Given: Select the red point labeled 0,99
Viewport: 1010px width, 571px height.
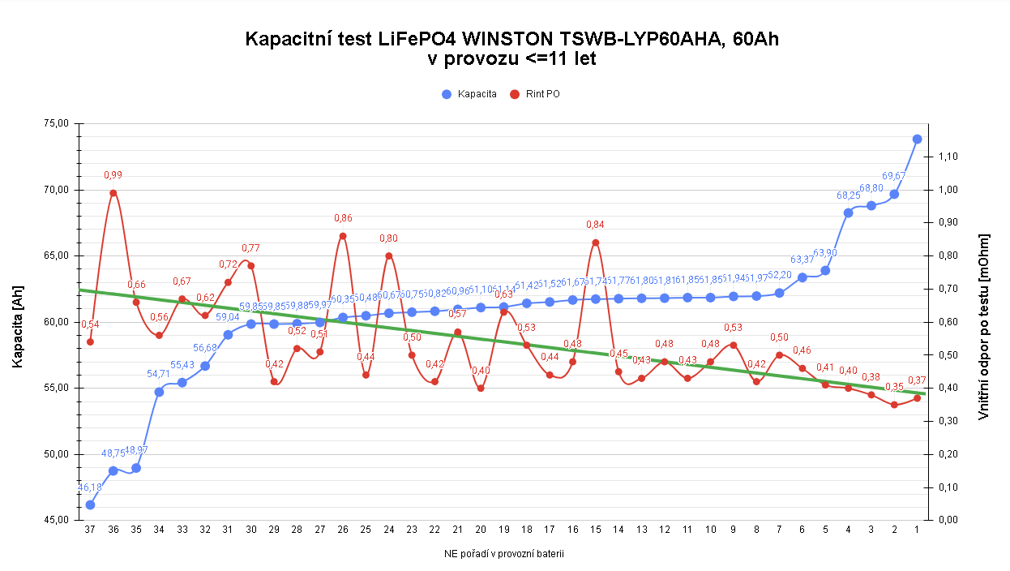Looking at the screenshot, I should coord(113,193).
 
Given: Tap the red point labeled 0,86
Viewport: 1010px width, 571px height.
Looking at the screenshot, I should coord(343,236).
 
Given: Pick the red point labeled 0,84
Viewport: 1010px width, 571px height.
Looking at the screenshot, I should coord(596,243).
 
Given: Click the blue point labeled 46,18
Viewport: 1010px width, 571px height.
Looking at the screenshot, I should coord(90,504).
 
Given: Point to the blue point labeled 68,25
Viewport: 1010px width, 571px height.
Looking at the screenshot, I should coord(849,213).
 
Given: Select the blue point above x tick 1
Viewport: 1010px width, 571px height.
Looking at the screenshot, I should coord(918,139).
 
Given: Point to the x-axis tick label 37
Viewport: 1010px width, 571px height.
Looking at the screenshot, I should coord(90,530).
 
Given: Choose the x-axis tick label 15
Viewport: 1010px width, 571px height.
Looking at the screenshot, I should coord(596,530).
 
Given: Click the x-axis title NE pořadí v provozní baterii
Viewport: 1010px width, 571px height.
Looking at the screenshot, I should coord(503,555).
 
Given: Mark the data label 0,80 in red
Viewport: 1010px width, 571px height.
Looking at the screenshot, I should coord(389,238).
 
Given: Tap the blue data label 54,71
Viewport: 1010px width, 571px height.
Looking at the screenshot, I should coord(159,374).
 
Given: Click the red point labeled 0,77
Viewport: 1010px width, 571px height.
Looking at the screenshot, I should coord(251,265).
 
